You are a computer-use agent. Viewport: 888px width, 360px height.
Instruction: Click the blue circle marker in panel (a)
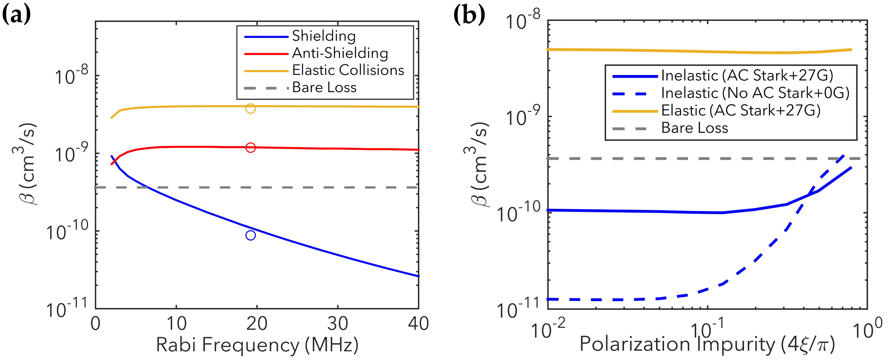(x=251, y=235)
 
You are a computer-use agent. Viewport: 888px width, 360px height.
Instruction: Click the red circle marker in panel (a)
(x=251, y=148)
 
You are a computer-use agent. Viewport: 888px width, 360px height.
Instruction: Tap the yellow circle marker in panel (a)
(x=251, y=109)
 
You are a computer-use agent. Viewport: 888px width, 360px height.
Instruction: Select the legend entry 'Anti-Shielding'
(x=340, y=53)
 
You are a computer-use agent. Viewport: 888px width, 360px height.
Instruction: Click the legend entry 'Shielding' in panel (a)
(x=324, y=36)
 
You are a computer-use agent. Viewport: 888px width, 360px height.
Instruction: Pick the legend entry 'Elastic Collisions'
(x=348, y=70)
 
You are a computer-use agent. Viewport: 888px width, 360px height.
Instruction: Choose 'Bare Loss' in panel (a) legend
(x=324, y=88)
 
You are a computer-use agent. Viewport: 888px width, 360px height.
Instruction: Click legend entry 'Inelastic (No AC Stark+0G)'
(x=755, y=93)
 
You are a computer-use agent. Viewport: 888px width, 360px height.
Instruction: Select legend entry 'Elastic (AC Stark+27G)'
(x=741, y=111)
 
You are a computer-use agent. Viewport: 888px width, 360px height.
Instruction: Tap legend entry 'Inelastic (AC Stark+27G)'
(x=747, y=75)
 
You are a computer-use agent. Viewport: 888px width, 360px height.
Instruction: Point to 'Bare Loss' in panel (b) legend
(x=694, y=128)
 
